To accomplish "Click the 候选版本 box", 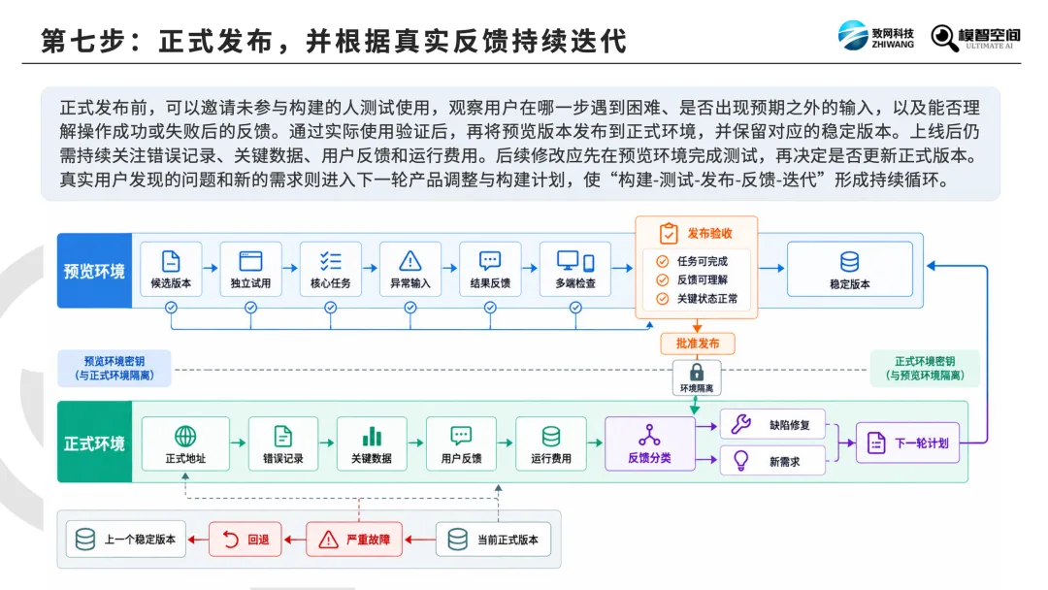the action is pos(171,269).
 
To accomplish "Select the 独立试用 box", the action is pos(250,269).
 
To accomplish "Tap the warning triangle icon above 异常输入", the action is pos(410,261).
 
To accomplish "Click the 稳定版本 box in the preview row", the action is pos(849,269).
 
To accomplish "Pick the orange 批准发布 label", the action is pos(697,344).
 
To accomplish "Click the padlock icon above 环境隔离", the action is pos(697,372).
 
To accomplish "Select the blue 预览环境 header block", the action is pos(94,271).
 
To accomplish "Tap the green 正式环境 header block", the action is pos(94,442).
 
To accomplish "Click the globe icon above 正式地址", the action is pos(185,436).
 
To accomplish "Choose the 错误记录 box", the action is pos(282,443).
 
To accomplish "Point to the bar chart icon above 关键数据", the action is pos(372,437).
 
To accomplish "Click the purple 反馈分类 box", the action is pos(649,443).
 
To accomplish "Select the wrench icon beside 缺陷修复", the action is pos(740,424).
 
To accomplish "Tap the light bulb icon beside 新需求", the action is pos(740,461).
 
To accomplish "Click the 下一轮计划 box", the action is pos(907,442).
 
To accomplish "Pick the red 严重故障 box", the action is pos(354,540).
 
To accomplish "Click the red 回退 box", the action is pos(246,540).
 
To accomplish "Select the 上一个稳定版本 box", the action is pos(125,540).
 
